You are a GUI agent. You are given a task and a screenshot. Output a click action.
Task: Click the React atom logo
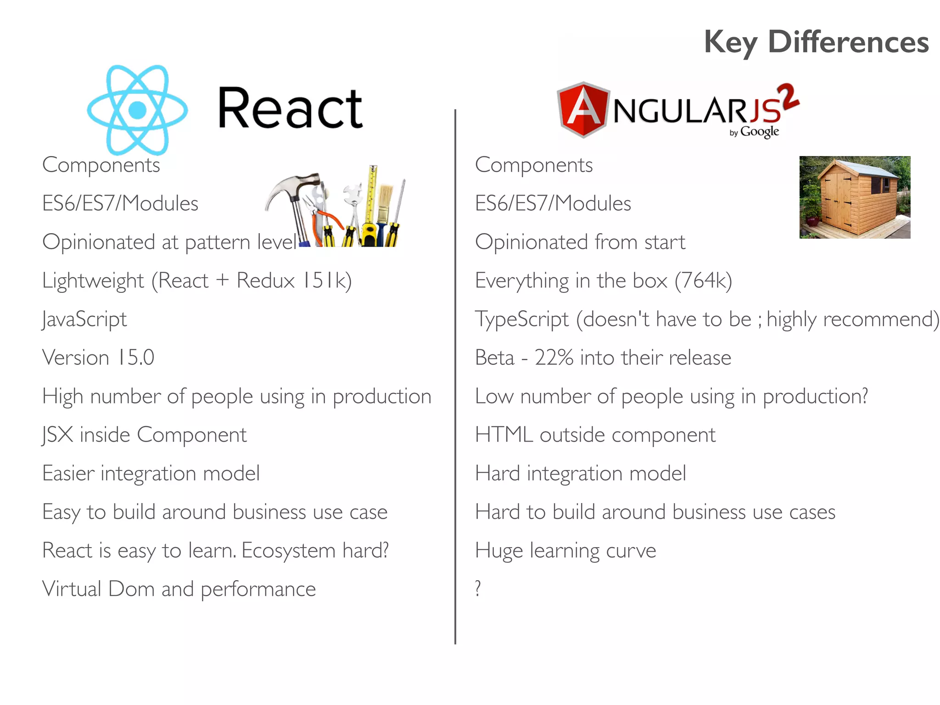pos(137,110)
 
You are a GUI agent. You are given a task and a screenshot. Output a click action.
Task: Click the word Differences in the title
pos(848,42)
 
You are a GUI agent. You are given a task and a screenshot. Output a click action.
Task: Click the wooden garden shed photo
pos(855,197)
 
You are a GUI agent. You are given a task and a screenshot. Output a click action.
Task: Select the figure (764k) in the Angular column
pos(703,280)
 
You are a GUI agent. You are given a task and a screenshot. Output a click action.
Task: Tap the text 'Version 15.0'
pos(98,358)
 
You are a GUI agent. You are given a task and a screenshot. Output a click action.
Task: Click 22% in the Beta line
pos(554,358)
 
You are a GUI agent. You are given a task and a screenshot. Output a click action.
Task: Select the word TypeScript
pos(521,319)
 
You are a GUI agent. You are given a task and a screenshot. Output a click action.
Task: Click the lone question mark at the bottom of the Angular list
pos(478,588)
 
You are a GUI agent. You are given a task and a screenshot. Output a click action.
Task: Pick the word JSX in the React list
pos(57,435)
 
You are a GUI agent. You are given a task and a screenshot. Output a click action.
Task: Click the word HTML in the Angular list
pos(504,435)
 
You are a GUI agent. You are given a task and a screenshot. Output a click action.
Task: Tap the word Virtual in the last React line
pos(71,589)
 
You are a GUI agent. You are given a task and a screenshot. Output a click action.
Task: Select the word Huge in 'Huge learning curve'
pos(498,550)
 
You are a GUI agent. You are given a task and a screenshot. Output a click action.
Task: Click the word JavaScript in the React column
pos(84,319)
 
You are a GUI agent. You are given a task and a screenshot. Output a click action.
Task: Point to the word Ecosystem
pos(288,550)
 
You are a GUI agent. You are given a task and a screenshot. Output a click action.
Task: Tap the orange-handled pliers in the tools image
pos(327,216)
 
